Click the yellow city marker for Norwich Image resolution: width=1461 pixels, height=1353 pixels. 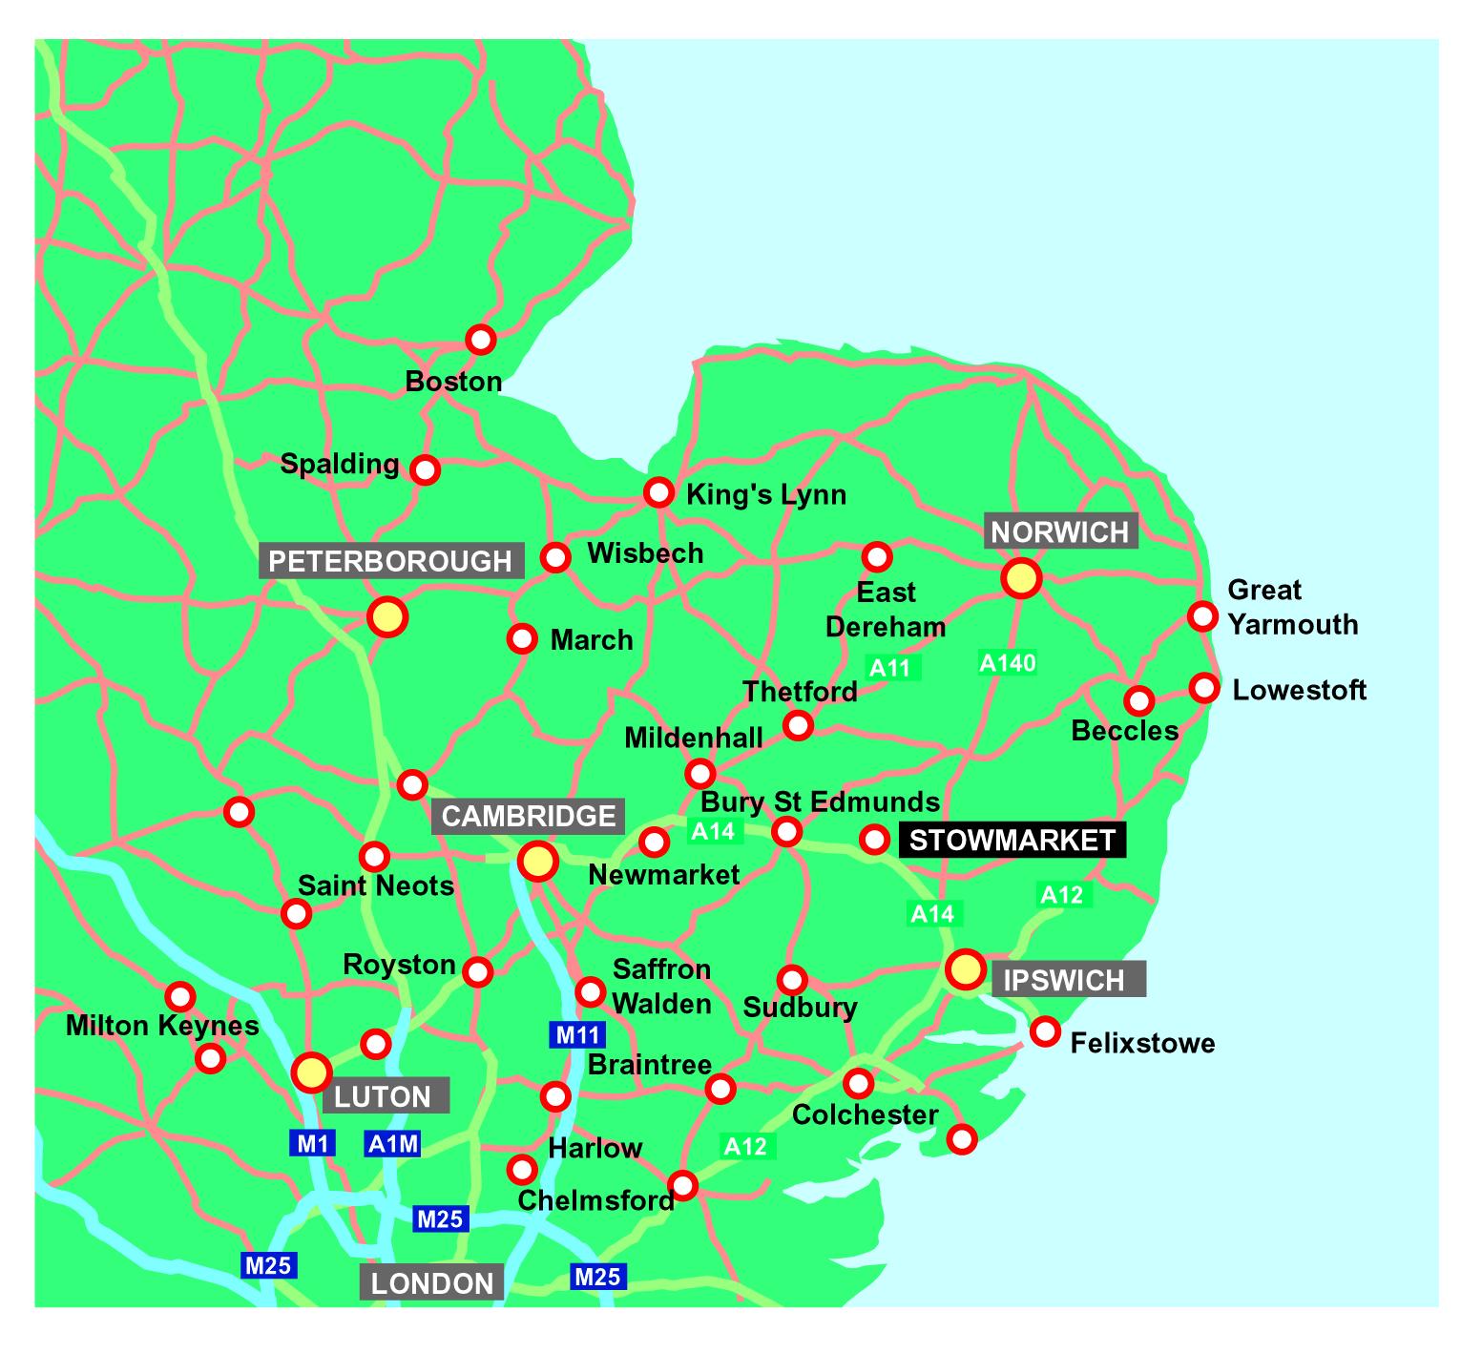coord(1020,578)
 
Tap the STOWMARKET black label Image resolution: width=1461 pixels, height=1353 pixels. coord(1012,840)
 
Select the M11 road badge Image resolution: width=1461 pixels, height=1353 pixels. coord(577,1033)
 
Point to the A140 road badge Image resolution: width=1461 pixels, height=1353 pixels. coord(1008,662)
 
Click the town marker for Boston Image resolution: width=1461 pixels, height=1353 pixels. coord(480,339)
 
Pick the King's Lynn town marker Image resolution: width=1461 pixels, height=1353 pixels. coord(658,492)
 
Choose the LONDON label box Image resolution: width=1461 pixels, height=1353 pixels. coord(431,1282)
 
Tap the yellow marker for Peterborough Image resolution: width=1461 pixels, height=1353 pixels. coord(387,617)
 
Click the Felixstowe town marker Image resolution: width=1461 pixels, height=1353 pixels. coord(1046,1030)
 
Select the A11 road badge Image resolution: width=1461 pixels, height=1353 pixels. coord(891,667)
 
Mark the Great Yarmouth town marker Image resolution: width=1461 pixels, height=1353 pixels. coord(1203,616)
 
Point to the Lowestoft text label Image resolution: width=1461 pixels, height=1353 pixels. coord(1300,690)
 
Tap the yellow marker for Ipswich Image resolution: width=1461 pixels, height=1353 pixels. coord(965,969)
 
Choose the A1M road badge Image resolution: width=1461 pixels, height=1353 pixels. coord(392,1142)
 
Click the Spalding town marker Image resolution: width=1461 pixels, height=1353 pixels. coord(425,469)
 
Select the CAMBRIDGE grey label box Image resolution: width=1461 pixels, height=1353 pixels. coord(529,816)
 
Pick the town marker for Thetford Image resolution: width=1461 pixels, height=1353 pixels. coord(798,725)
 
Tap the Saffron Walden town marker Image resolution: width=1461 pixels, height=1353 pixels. coord(591,992)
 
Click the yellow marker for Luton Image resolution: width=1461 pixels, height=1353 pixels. coord(311,1072)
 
